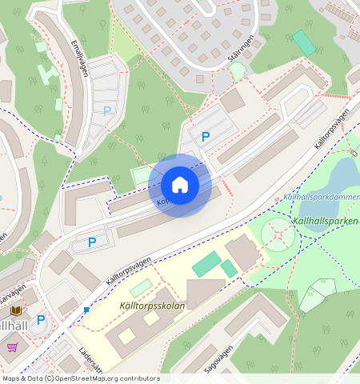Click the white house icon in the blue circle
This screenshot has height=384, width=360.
tap(180, 185)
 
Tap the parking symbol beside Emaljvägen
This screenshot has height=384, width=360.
tap(107, 111)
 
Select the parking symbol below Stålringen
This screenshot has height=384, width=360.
tap(206, 137)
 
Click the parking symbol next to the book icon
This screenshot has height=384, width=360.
tap(41, 320)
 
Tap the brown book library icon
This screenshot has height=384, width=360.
tap(16, 310)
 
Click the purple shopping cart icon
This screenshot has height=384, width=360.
tap(12, 346)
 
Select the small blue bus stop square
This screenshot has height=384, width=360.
tap(86, 309)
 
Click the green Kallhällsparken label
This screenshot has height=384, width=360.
tap(324, 219)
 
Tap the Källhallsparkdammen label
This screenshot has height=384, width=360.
tap(320, 197)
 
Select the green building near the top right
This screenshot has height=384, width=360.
tap(304, 42)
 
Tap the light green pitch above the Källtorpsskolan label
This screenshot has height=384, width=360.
tap(141, 287)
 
